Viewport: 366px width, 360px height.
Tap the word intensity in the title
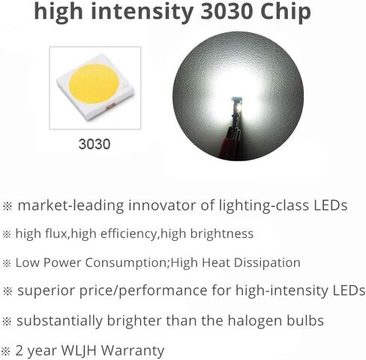(142, 11)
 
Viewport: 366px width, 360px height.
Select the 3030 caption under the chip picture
(94, 144)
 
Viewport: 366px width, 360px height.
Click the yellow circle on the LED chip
(94, 84)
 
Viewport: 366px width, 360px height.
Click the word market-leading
(70, 205)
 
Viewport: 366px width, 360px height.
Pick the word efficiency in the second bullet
(129, 234)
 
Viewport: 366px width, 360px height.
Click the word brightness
(222, 234)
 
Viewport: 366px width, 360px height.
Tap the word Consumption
(126, 263)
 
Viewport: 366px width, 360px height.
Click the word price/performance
(143, 291)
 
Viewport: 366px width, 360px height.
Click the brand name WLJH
(79, 350)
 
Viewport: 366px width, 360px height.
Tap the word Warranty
(133, 351)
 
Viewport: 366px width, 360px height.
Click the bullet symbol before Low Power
(7, 263)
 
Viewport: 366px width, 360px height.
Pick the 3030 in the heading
(226, 11)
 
